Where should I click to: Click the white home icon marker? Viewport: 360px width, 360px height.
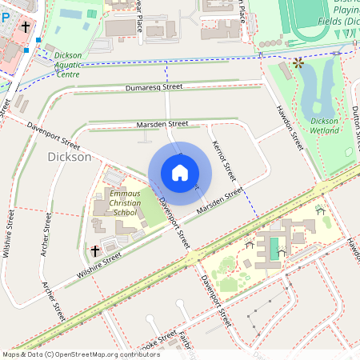180,173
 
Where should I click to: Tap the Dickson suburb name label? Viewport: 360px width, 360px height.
70,158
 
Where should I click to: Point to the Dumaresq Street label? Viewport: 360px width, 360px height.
154,86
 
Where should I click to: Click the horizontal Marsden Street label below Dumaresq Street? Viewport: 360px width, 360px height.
162,124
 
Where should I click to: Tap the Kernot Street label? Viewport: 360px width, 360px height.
225,160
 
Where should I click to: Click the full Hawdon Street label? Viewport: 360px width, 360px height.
290,129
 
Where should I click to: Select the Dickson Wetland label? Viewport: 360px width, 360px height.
325,125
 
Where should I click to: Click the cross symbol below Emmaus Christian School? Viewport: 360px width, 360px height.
95,251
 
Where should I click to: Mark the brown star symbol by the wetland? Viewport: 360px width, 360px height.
298,62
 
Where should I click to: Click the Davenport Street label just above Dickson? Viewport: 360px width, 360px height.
54,136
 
